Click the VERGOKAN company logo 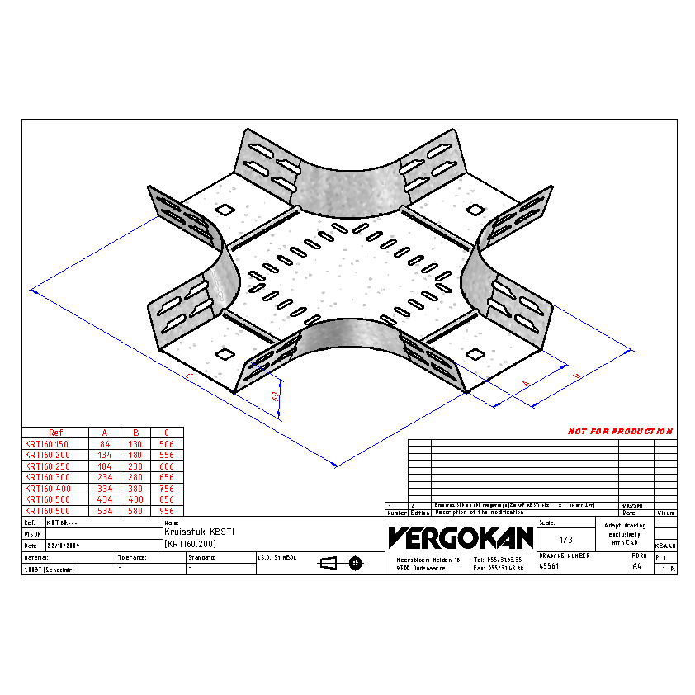pyautogui.click(x=461, y=537)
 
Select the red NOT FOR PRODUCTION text pyautogui.click(x=620, y=431)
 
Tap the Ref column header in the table pyautogui.click(x=55, y=433)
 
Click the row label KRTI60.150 pyautogui.click(x=48, y=443)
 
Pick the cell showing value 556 pyautogui.click(x=167, y=455)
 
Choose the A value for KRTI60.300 pyautogui.click(x=104, y=477)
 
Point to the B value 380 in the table pyautogui.click(x=135, y=489)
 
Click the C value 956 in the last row pyautogui.click(x=167, y=511)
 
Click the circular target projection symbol pyautogui.click(x=356, y=563)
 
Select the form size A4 pyautogui.click(x=636, y=567)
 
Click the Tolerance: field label pyautogui.click(x=132, y=558)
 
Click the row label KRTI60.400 pyautogui.click(x=48, y=489)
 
